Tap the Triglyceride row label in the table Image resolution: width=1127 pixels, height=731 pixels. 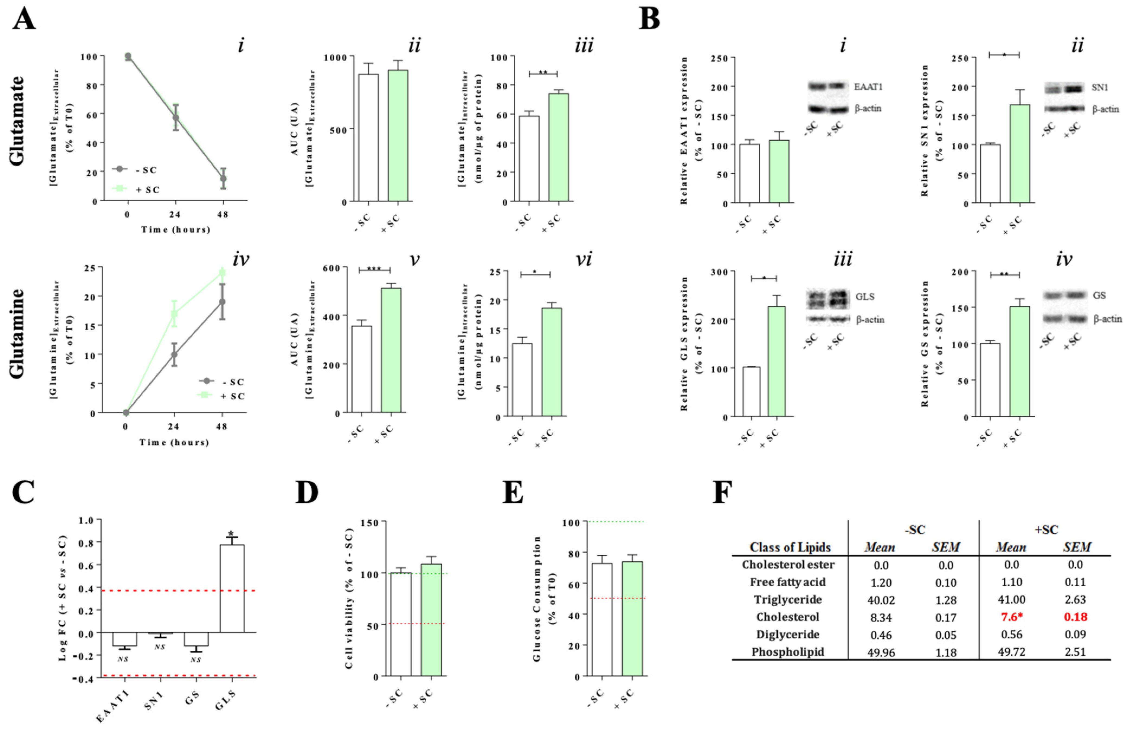787,599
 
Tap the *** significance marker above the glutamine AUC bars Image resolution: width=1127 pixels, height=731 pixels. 374,269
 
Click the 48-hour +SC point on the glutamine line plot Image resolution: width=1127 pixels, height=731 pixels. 222,273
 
